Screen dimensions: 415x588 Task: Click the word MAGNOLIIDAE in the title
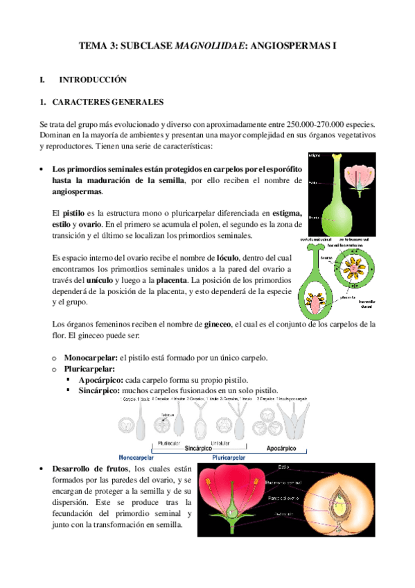pos(210,46)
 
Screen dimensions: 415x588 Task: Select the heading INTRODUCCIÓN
pos(94,80)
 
